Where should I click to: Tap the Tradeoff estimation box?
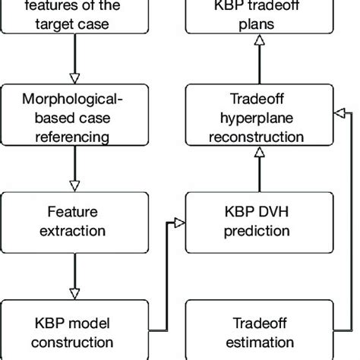258,333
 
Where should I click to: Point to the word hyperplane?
258,118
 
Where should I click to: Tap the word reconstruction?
258,137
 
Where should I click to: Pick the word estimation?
258,343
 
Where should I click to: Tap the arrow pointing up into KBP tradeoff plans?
258,62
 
